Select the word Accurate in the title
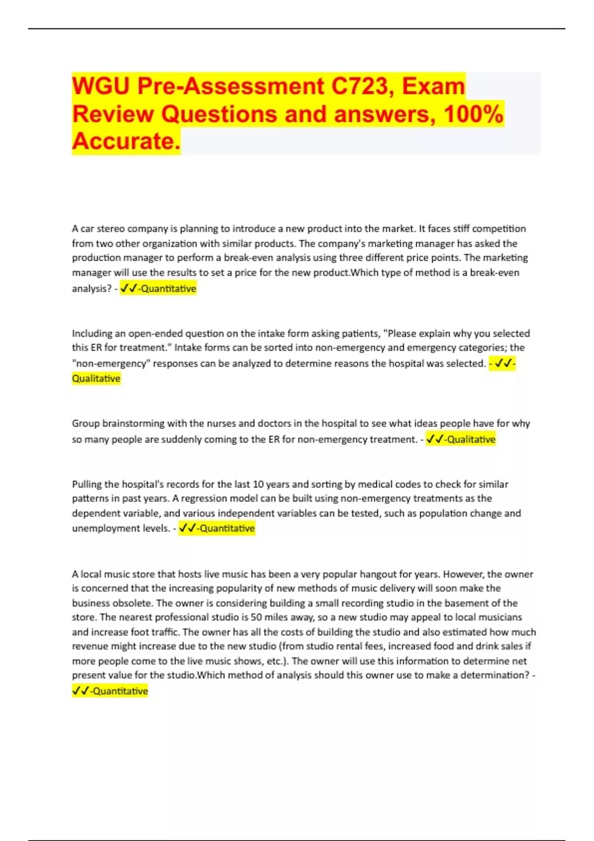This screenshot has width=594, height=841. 126,141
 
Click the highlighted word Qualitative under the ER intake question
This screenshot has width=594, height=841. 96,378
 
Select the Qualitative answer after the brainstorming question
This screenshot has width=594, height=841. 471,439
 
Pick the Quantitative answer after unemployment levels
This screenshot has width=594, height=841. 227,528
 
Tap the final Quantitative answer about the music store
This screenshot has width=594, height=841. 120,691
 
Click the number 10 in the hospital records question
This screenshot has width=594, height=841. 258,484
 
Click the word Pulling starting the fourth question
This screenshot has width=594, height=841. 87,484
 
